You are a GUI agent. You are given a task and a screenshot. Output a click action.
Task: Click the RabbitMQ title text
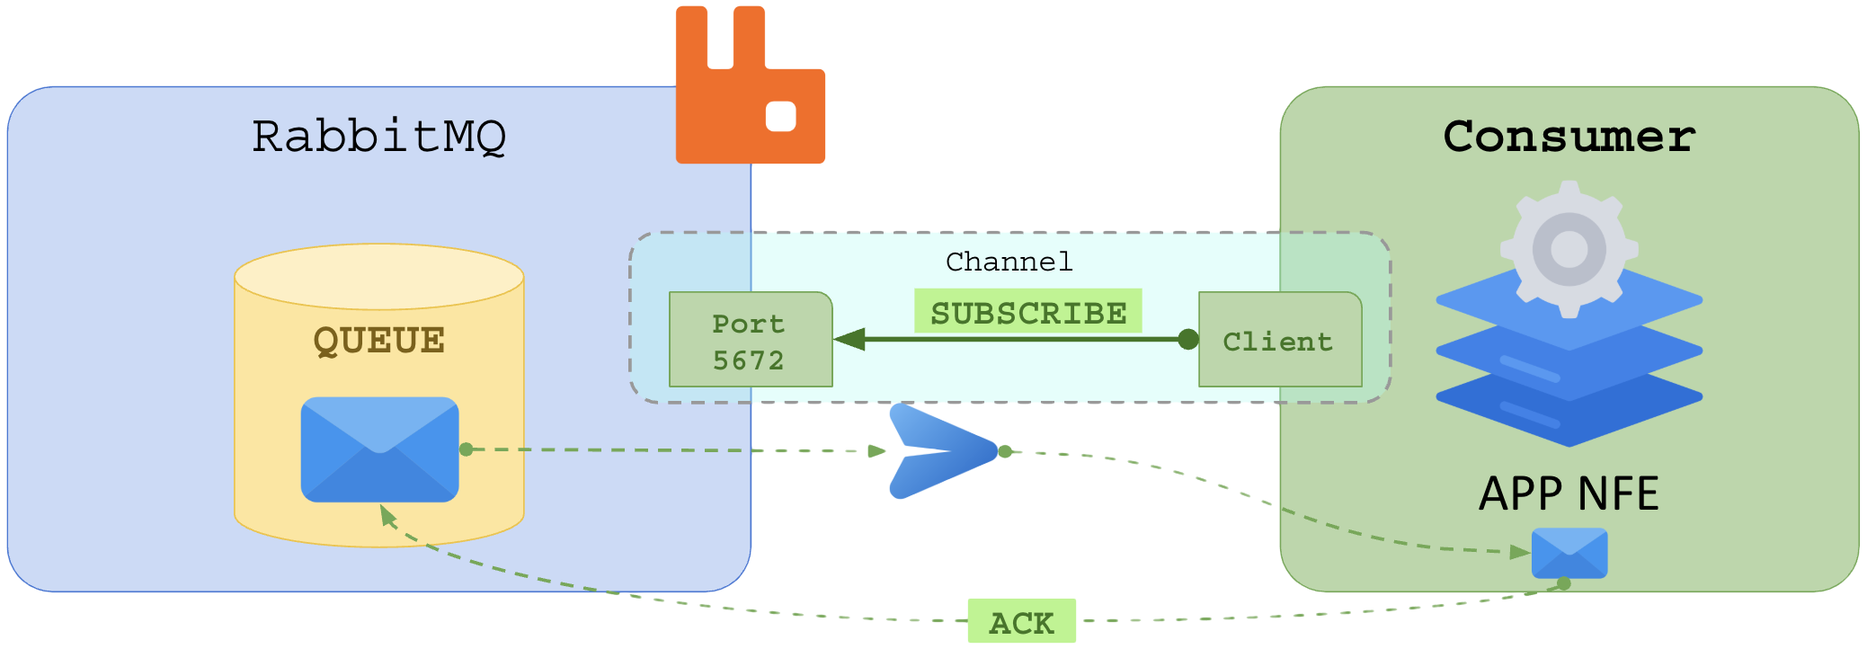click(x=378, y=137)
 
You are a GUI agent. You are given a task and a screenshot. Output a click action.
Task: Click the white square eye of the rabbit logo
click(x=780, y=116)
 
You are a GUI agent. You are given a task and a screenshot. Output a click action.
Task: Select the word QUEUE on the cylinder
click(x=378, y=341)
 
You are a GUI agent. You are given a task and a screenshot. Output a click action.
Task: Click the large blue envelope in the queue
click(x=379, y=449)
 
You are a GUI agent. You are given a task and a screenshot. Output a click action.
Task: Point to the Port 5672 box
click(x=750, y=340)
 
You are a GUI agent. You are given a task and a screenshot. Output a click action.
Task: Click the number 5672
click(x=748, y=360)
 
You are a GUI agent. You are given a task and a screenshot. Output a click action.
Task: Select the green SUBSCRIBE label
click(x=1027, y=312)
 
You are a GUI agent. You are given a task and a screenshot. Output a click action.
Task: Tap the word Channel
click(x=1009, y=262)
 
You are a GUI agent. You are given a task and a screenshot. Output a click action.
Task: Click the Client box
click(x=1279, y=340)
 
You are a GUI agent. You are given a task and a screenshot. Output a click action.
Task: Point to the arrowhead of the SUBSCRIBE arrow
click(x=849, y=339)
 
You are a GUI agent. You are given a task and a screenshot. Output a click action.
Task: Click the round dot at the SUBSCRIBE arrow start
click(x=1187, y=339)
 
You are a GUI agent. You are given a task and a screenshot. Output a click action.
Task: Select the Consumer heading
click(x=1569, y=137)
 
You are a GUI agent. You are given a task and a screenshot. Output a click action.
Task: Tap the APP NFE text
click(x=1569, y=493)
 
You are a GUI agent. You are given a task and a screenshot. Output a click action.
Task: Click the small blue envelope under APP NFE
click(x=1569, y=552)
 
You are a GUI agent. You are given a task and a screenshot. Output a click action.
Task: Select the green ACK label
click(x=1021, y=621)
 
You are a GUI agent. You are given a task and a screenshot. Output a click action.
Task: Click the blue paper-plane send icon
click(x=939, y=451)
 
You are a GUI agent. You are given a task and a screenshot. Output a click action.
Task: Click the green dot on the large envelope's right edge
click(x=466, y=449)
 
